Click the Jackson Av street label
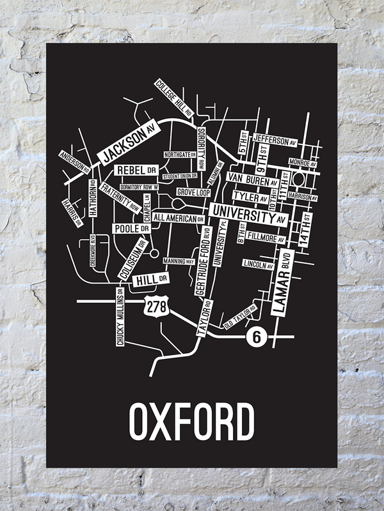point(127,143)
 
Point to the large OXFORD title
point(191,420)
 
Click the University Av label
point(248,214)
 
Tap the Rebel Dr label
point(136,171)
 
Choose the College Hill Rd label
point(173,96)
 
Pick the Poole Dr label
point(131,228)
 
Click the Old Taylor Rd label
point(240,317)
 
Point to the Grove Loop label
point(193,192)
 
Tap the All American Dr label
point(179,218)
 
